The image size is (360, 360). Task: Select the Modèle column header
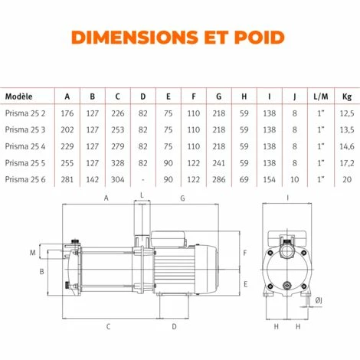19,97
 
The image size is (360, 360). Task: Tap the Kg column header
346,97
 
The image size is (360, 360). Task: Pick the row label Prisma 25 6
25,179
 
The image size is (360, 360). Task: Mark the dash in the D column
142,179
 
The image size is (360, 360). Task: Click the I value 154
269,179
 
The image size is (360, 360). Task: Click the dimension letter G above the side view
182,198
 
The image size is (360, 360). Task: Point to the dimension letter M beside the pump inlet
32,252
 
